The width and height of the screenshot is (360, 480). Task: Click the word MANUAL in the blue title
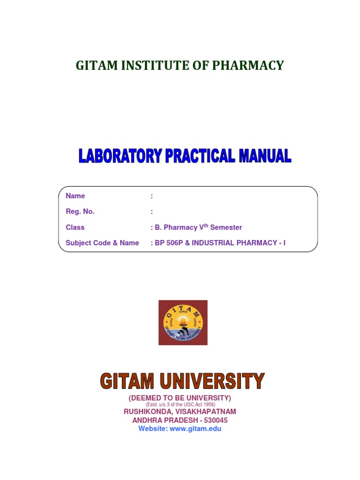coord(265,156)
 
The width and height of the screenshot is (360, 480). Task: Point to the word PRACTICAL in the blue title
coord(200,156)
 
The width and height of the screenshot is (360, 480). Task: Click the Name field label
coord(75,196)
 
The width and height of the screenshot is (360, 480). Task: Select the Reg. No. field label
coord(80,211)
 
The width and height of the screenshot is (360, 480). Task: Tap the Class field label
coord(75,227)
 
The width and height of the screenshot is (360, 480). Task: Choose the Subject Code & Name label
coord(102,243)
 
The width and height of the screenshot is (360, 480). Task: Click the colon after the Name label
coord(151,196)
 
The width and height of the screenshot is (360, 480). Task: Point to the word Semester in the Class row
coord(226,227)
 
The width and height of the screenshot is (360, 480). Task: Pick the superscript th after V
coord(205,225)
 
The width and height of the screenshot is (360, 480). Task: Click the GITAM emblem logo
coord(183,322)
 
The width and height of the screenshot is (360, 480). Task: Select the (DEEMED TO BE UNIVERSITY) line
coord(180,398)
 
